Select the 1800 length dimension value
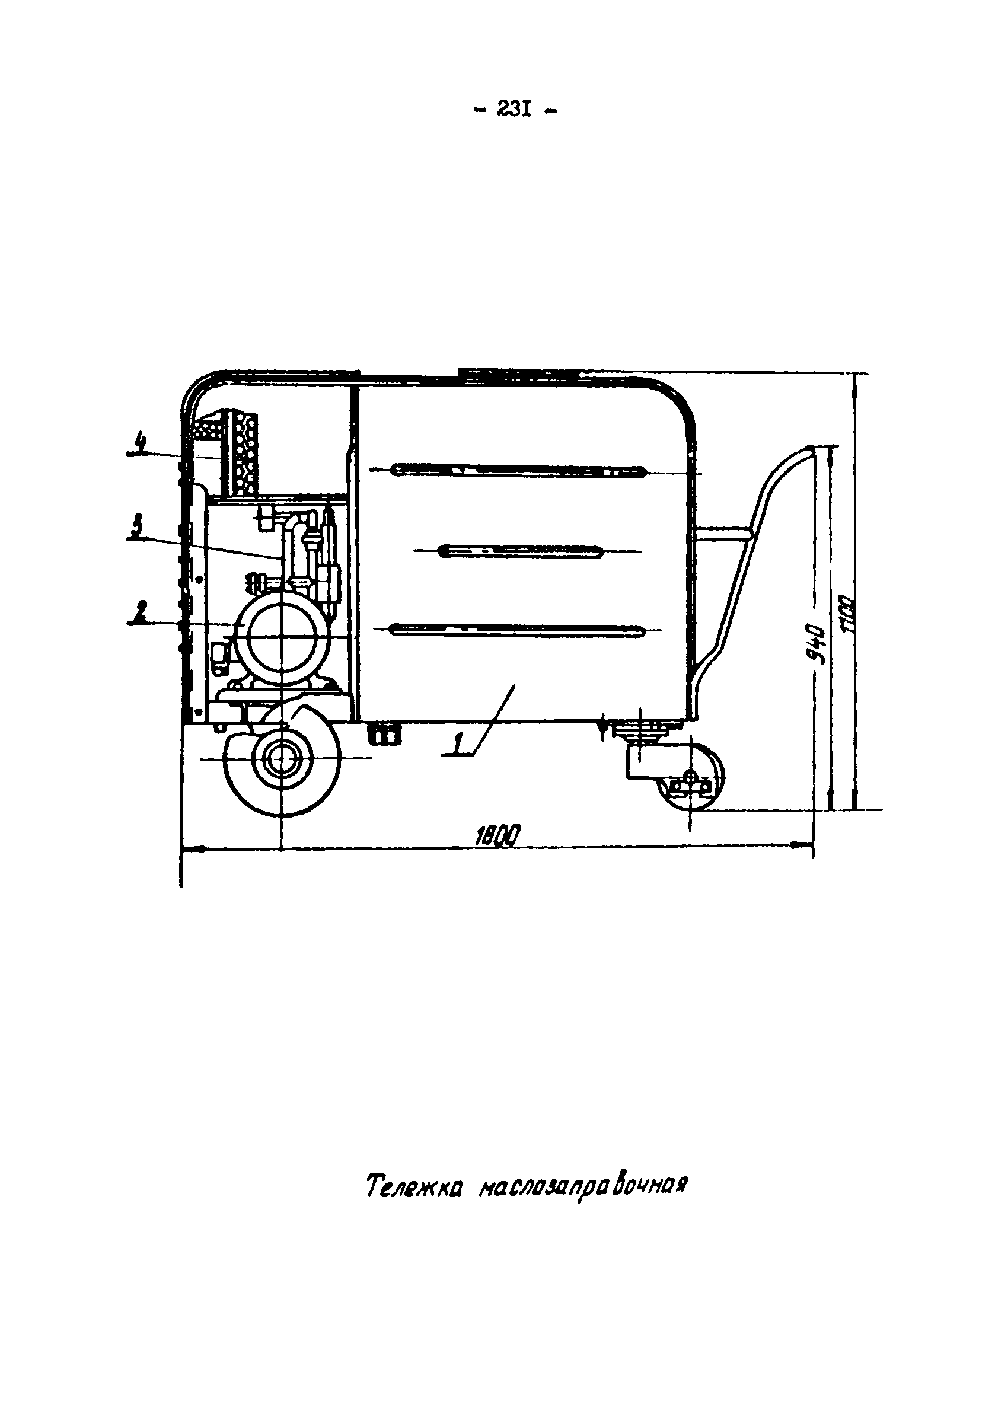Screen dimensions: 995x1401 coord(498,835)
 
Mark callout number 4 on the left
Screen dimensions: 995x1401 coord(141,442)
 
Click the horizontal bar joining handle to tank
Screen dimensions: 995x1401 coord(723,534)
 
